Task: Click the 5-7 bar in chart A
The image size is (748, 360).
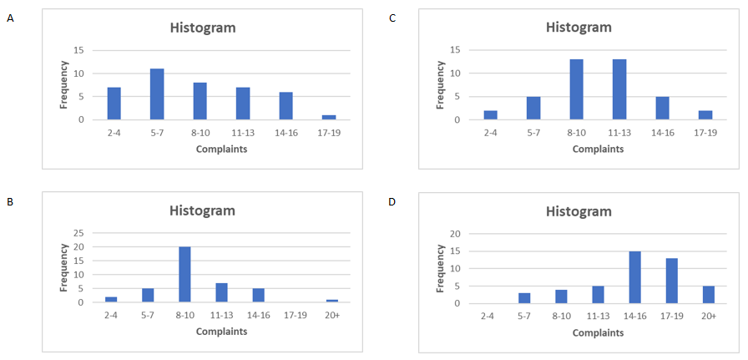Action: [157, 94]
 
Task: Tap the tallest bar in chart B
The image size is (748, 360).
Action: [184, 275]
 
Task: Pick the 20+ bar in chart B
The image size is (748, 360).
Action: [332, 301]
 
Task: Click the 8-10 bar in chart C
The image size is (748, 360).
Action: [576, 89]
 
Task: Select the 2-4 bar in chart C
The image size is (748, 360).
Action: [490, 115]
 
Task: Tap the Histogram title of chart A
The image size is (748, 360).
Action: [203, 28]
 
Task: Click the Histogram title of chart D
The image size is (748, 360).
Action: [579, 211]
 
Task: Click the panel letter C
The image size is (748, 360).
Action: [392, 18]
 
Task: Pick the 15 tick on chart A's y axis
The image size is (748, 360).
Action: [80, 50]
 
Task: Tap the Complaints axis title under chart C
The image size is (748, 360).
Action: [597, 149]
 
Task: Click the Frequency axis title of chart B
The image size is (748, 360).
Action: [64, 267]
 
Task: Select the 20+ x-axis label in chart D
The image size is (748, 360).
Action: [708, 317]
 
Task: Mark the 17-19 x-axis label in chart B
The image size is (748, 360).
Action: [296, 316]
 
